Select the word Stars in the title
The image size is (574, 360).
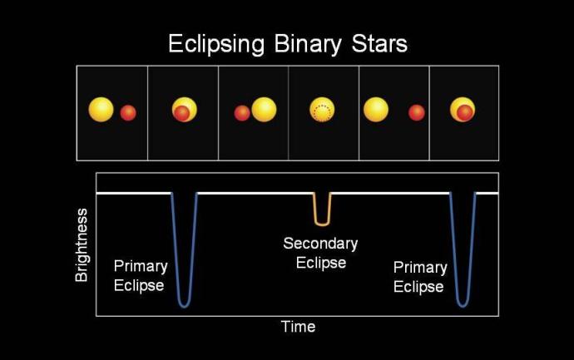380,43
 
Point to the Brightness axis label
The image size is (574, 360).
82,244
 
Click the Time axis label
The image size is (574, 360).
298,327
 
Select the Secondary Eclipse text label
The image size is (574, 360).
320,253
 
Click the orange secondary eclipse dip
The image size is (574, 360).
322,218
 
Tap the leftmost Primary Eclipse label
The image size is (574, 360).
141,276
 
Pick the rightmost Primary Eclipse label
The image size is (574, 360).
420,277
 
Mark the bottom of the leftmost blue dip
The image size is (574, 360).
184,305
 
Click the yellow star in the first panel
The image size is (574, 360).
101,109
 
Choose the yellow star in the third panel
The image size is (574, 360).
264,110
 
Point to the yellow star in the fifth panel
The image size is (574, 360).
376,110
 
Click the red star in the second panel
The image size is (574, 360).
181,114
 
